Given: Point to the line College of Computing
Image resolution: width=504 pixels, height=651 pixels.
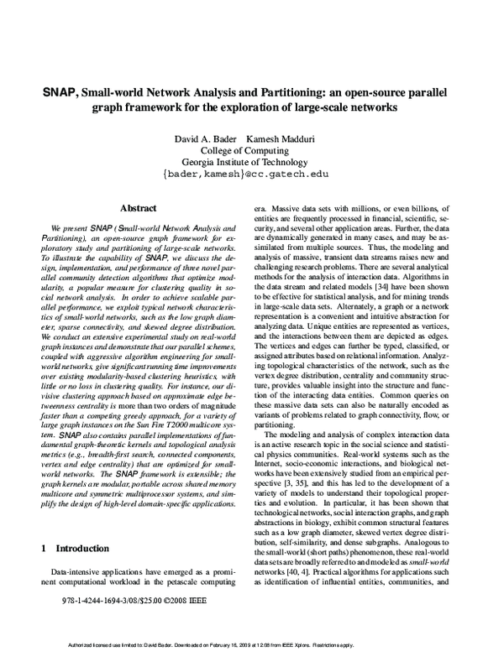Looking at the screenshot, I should coord(252,149).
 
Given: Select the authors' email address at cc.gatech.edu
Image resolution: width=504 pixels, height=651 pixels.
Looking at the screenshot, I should coord(252,175).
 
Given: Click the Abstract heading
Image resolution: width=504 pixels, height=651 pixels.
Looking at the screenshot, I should coord(139,207).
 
